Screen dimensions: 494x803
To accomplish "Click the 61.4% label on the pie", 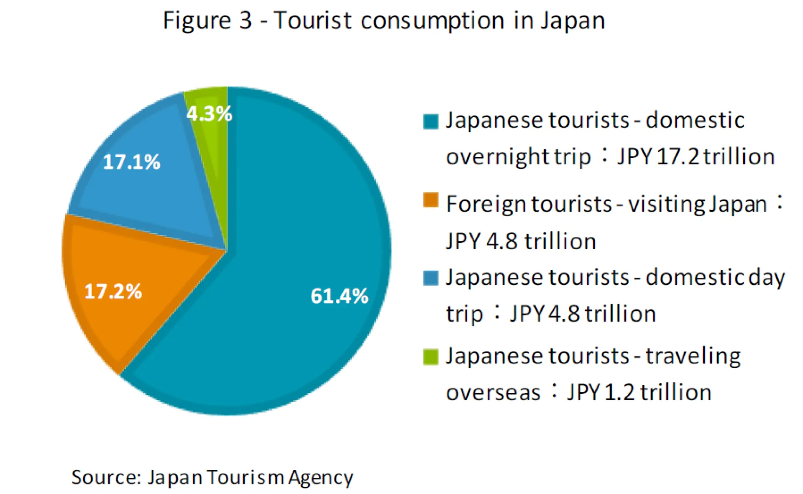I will point(339,296).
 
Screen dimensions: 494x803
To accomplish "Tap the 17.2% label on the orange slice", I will point(113,292).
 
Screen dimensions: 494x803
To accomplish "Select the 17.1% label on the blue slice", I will point(131,162).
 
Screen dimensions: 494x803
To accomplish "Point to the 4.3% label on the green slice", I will point(209,113).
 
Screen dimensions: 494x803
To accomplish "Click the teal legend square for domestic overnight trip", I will point(431,121).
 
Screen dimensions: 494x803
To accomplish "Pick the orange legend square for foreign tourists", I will point(431,200).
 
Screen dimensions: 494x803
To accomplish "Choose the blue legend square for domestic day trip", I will point(431,278).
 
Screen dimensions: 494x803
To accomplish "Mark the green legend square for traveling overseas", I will point(431,357).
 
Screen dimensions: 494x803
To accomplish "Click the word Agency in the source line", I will point(320,478).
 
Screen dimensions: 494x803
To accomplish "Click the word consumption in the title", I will point(432,21).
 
